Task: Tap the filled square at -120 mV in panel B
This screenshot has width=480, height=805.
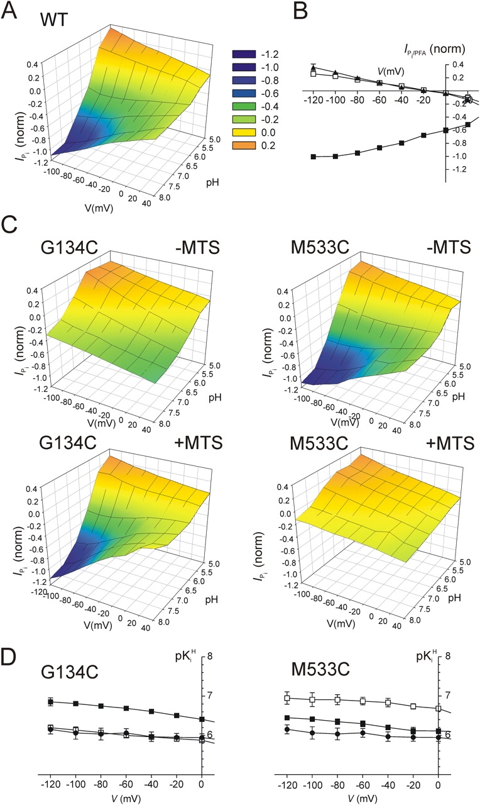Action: (314, 156)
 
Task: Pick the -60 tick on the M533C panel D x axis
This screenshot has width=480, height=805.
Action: (363, 785)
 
